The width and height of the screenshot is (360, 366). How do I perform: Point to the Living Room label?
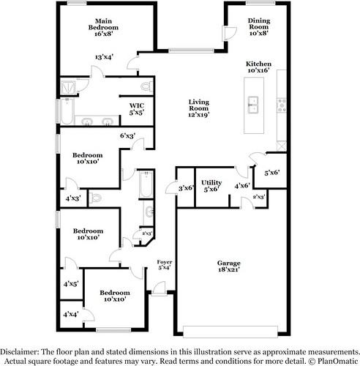199,108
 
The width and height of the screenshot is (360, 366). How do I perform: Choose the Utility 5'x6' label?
211,185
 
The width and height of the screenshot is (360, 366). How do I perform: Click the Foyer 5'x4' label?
165,264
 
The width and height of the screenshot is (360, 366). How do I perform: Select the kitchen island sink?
255,103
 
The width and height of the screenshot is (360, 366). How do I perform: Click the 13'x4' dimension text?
103,57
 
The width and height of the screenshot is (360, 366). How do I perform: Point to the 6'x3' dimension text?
127,134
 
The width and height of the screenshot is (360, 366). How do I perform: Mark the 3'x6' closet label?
186,188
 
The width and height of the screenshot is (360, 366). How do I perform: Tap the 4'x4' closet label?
70,313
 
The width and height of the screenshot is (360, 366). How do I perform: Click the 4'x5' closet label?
70,283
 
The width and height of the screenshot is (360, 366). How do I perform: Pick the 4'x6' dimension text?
241,186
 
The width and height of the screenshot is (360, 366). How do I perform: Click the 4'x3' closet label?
72,198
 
